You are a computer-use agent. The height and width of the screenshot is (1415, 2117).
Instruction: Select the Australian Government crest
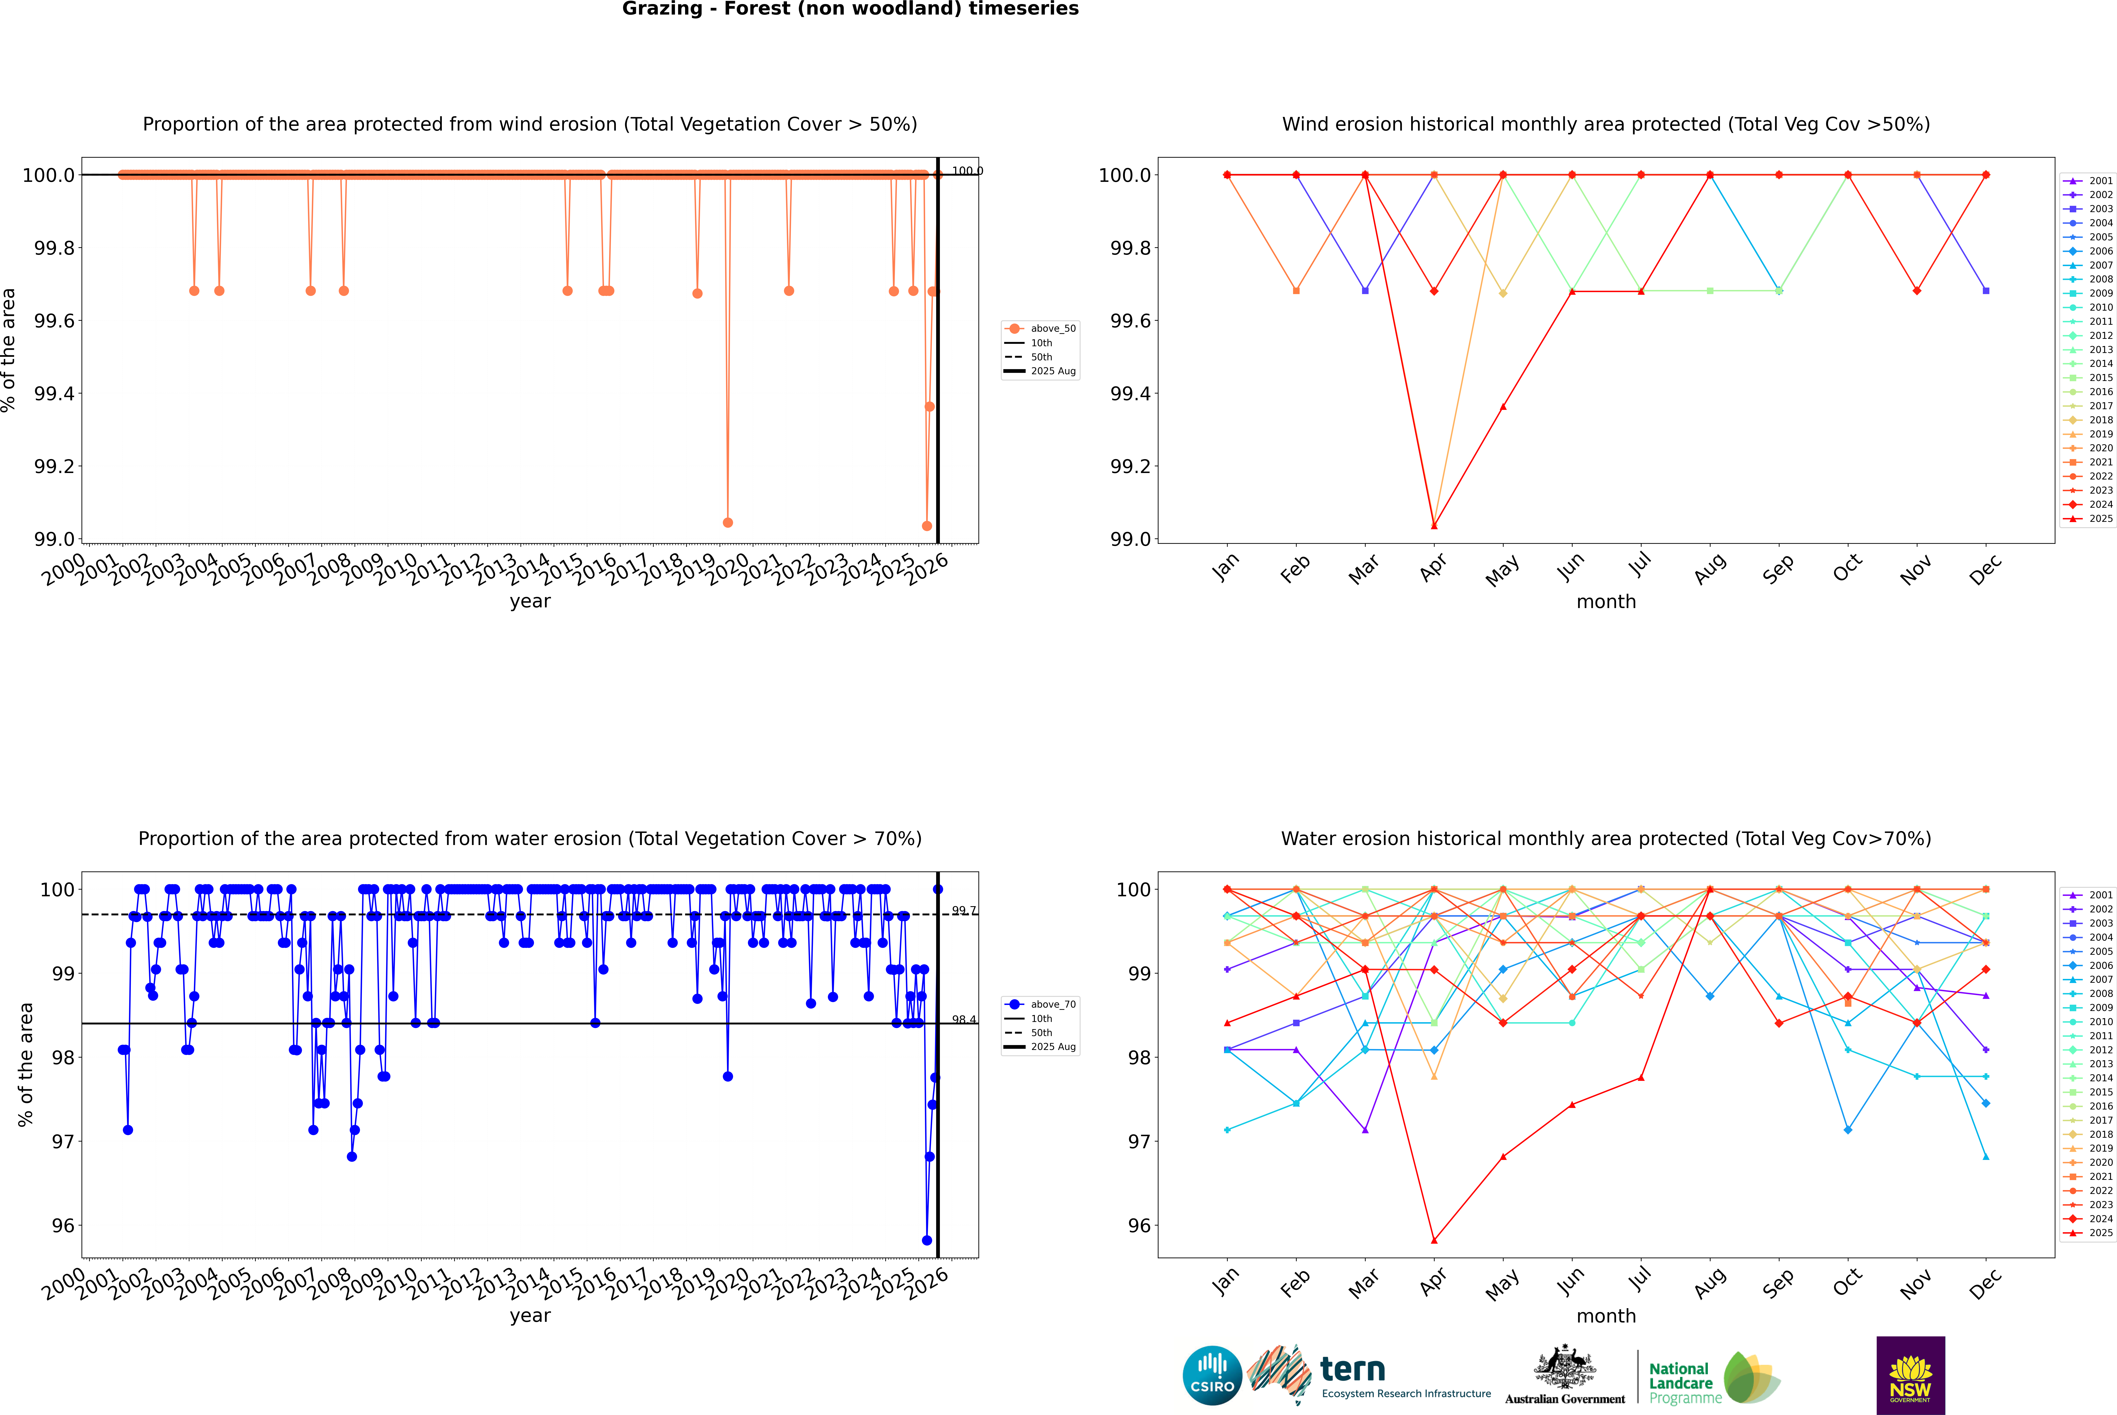pos(1565,1372)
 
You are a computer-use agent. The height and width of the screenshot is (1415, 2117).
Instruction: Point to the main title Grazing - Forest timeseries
pos(850,9)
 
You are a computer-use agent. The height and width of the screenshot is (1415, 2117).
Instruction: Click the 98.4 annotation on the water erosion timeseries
pos(964,1020)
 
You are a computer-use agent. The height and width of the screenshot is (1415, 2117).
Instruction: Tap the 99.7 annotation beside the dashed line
pos(964,911)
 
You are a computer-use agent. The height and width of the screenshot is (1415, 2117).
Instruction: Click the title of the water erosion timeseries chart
pos(530,838)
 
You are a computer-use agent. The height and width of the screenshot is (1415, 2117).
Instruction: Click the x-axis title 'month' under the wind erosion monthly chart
pos(1605,602)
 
